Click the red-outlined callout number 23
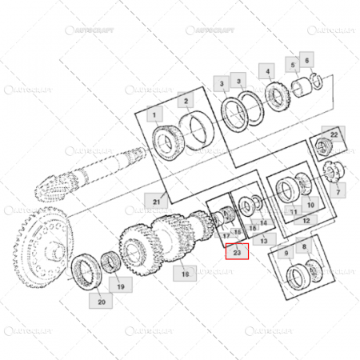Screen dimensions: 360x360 (237, 253)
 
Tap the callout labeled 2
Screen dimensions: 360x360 (185, 101)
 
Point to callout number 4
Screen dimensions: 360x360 (268, 71)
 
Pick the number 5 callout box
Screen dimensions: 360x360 (294, 63)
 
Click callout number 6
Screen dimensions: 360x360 (309, 59)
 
